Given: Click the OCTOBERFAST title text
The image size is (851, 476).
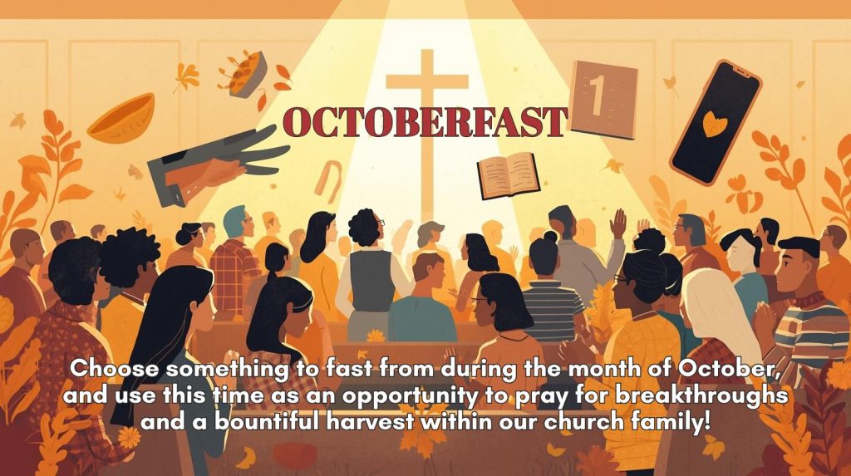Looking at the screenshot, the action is click(425, 122).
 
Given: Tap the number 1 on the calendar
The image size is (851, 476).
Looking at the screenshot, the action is click(597, 95).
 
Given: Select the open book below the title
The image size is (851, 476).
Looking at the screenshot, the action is click(508, 174).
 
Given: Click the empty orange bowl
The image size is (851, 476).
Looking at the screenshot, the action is click(121, 118).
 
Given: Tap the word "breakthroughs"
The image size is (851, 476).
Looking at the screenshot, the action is click(701, 395).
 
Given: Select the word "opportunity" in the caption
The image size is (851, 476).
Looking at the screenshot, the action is click(409, 396).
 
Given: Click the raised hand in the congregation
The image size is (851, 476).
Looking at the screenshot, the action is click(617, 223).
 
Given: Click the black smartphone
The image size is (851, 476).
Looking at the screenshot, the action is click(716, 123).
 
